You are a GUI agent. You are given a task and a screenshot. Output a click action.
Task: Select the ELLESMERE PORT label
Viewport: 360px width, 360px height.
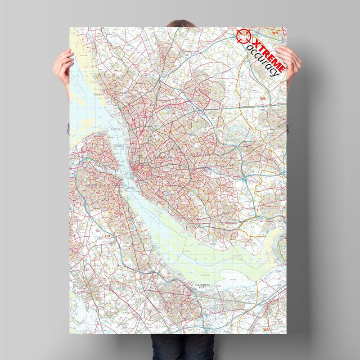click(x=199, y=286)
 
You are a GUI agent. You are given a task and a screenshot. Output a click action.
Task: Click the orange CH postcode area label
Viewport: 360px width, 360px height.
click(x=107, y=236)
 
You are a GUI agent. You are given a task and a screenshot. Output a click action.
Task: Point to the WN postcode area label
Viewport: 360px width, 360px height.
click(x=275, y=33)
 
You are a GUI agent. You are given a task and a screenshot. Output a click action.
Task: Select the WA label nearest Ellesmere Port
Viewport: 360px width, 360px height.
click(x=266, y=329)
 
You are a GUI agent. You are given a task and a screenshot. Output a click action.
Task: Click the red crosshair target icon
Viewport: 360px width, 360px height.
click(x=243, y=36)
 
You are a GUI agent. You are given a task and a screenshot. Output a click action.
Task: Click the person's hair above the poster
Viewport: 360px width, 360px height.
click(x=180, y=23)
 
